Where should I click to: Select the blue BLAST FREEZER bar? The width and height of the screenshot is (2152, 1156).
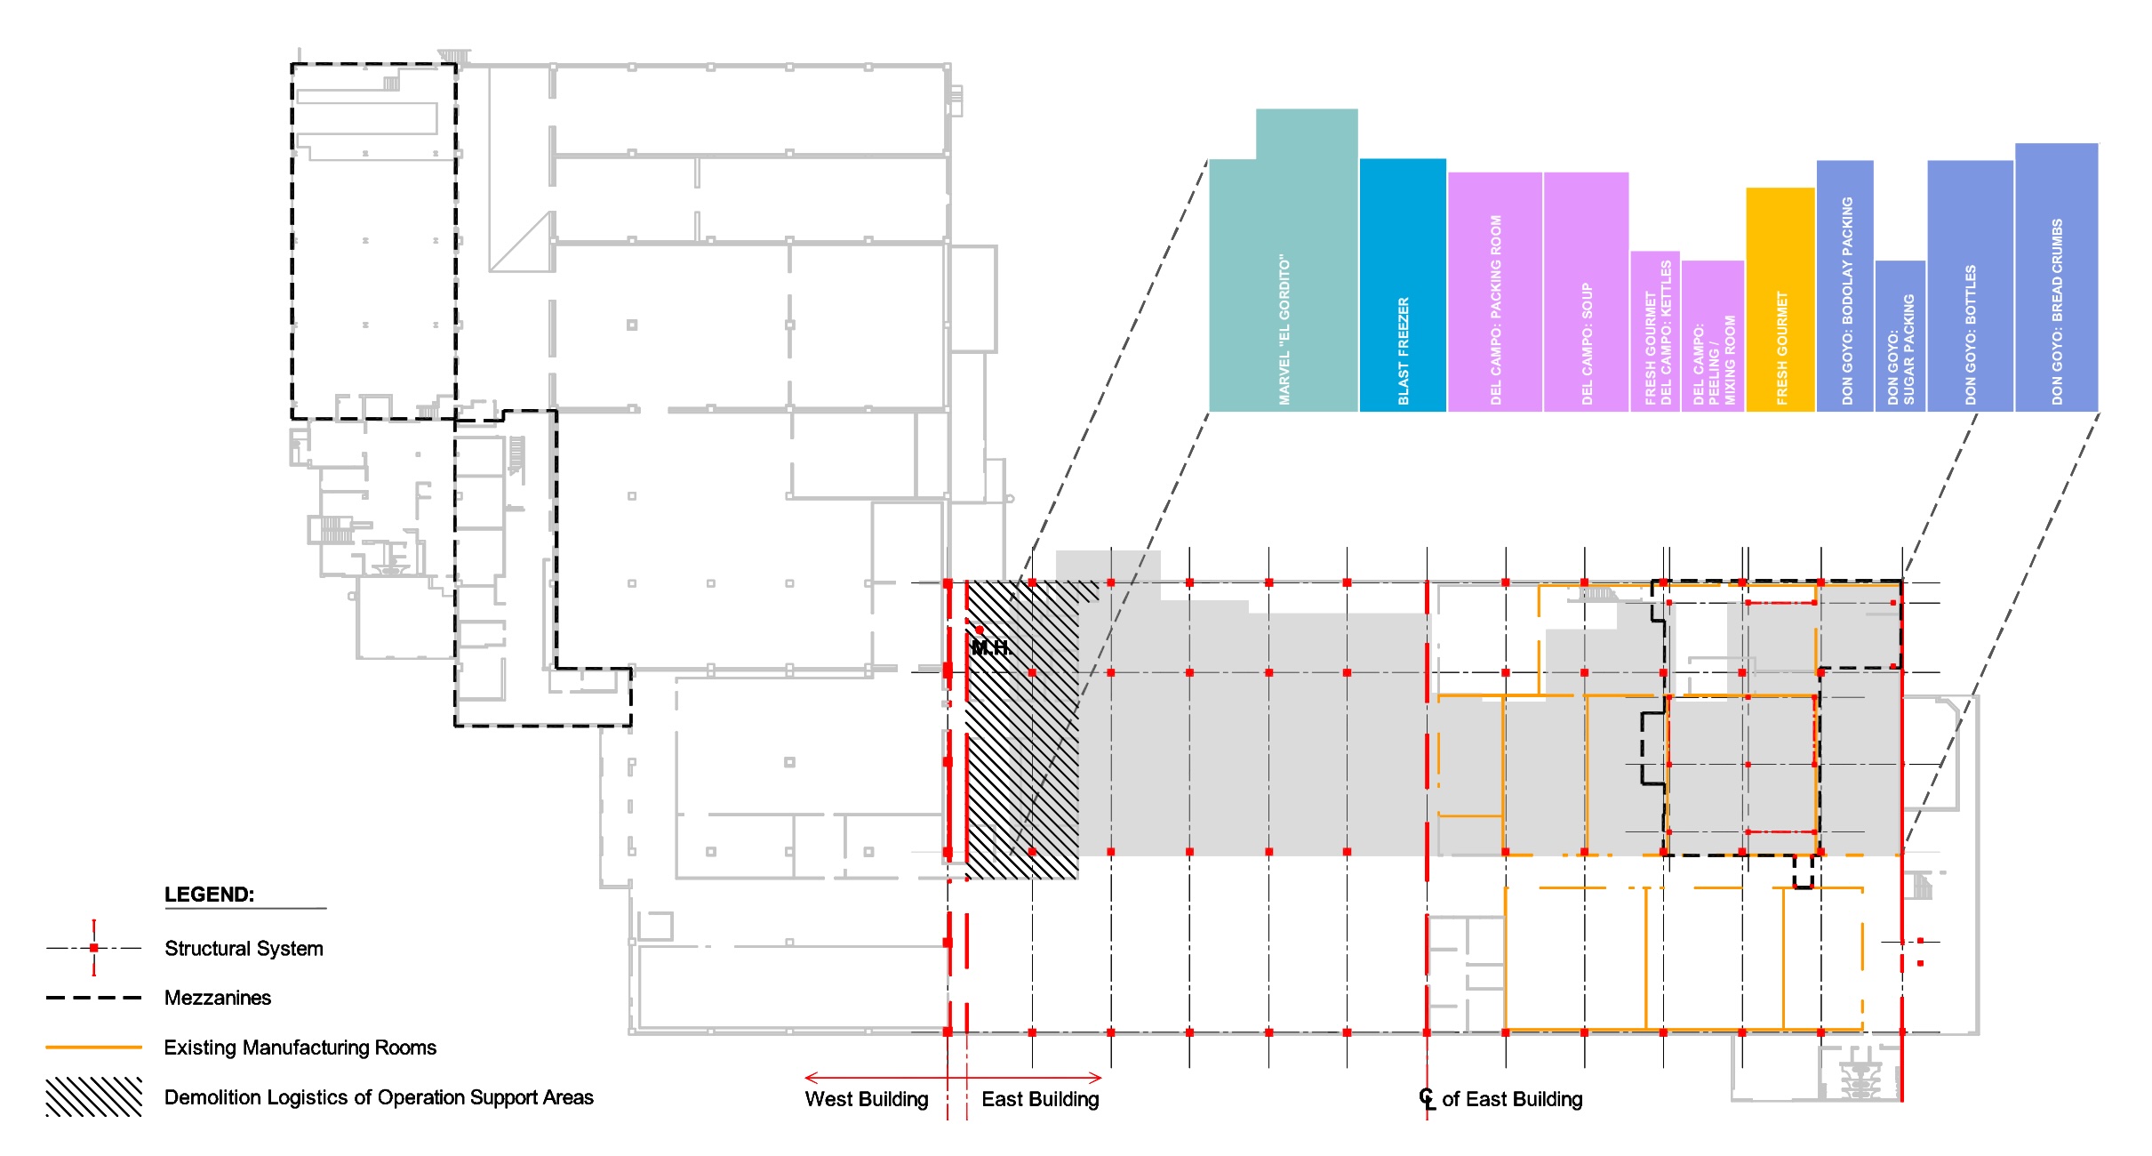click(x=1403, y=285)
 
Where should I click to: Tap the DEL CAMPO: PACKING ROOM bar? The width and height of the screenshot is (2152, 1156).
click(x=1495, y=292)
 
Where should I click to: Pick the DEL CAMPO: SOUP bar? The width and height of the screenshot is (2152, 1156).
click(x=1587, y=292)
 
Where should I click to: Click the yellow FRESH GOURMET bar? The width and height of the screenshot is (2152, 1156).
click(x=1780, y=300)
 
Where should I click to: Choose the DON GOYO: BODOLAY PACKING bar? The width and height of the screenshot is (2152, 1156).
click(x=1845, y=285)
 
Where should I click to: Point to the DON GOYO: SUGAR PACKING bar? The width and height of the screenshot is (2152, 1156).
click(x=1900, y=336)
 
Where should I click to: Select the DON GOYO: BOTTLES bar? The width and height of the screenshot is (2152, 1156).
click(x=1971, y=285)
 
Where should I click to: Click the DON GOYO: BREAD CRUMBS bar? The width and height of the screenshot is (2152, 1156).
click(x=2057, y=277)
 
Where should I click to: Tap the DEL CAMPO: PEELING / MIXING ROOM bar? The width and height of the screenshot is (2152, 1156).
click(x=1713, y=336)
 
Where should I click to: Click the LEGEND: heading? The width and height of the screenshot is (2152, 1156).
click(x=210, y=895)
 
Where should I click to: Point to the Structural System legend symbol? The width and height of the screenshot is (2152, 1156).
click(x=93, y=948)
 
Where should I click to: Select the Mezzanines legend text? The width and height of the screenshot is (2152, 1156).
click(x=218, y=998)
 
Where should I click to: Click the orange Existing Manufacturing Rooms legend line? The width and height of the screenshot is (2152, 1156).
click(x=93, y=1048)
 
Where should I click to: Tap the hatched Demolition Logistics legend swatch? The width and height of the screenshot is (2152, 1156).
click(x=93, y=1097)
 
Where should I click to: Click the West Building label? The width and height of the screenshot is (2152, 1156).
click(x=867, y=1099)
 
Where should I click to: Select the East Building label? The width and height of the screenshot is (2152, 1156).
click(x=1040, y=1099)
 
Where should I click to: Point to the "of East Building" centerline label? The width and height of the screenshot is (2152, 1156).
click(x=1512, y=1099)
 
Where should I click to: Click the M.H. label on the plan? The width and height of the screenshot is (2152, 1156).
click(x=991, y=648)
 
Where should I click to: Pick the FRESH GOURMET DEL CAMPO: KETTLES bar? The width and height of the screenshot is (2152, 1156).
click(x=1655, y=332)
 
